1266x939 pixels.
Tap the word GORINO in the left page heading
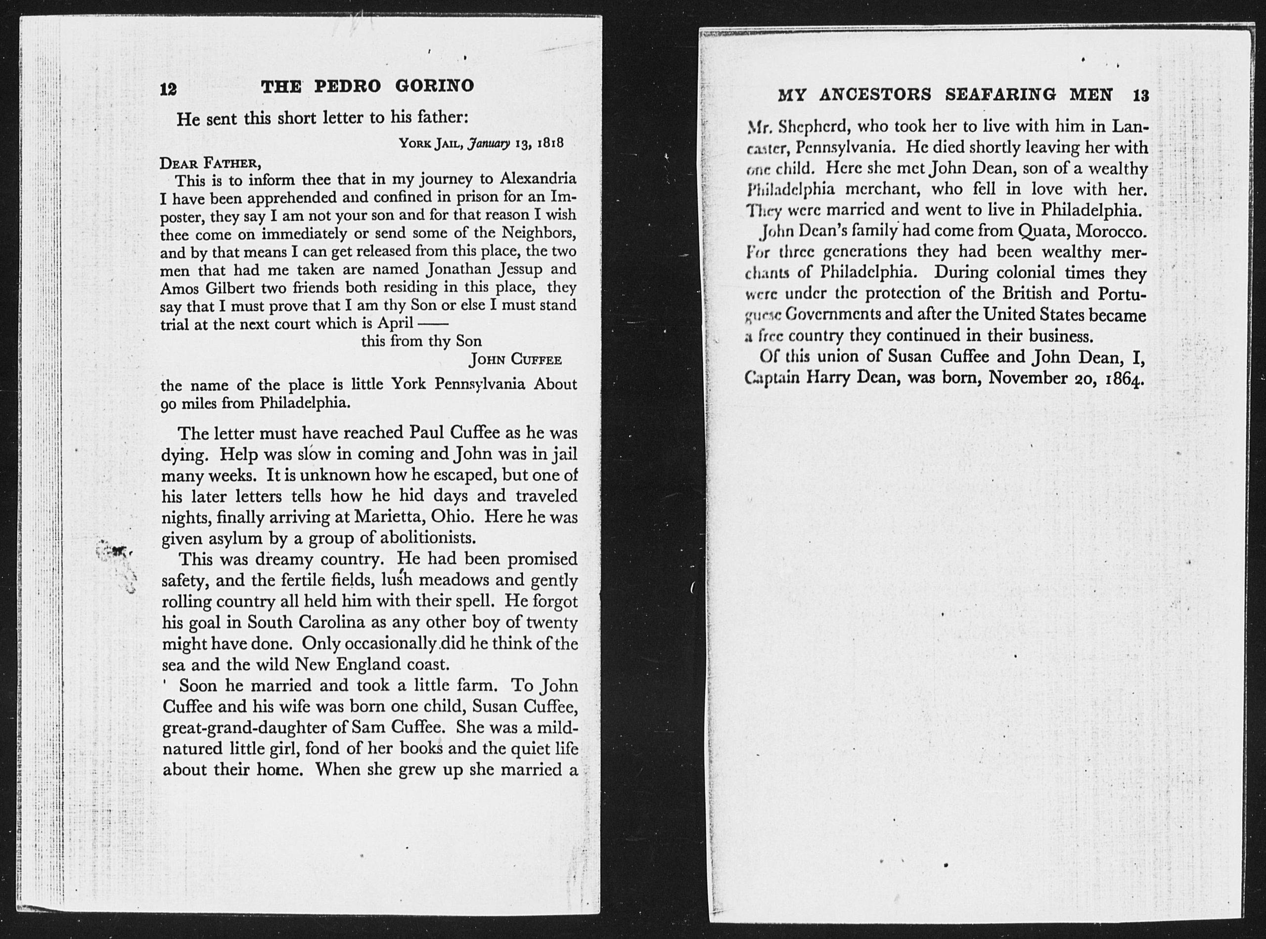coord(435,86)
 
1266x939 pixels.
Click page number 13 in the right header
coord(1141,95)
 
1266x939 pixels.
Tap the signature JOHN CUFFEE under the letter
coord(515,360)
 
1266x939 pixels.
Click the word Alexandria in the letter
coord(538,178)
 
